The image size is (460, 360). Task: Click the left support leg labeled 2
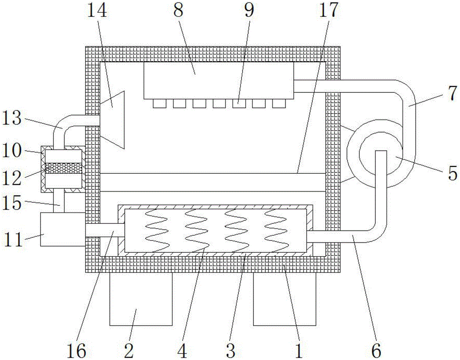point(140,299)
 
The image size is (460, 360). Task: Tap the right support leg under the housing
point(284,299)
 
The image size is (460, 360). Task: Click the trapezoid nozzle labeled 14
point(112,120)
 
